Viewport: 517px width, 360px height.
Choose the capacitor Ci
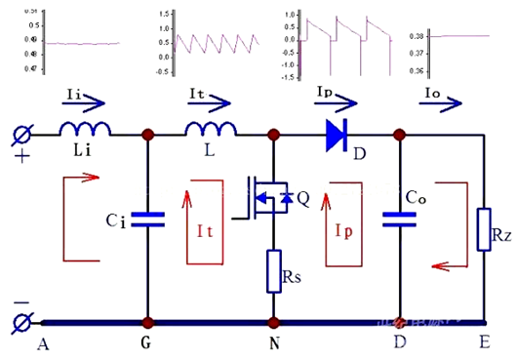(148, 221)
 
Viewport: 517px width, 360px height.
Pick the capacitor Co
(399, 221)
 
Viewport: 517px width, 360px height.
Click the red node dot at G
(148, 321)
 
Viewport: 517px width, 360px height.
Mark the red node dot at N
(274, 321)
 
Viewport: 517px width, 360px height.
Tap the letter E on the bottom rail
(486, 343)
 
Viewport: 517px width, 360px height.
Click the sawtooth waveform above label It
(216, 41)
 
